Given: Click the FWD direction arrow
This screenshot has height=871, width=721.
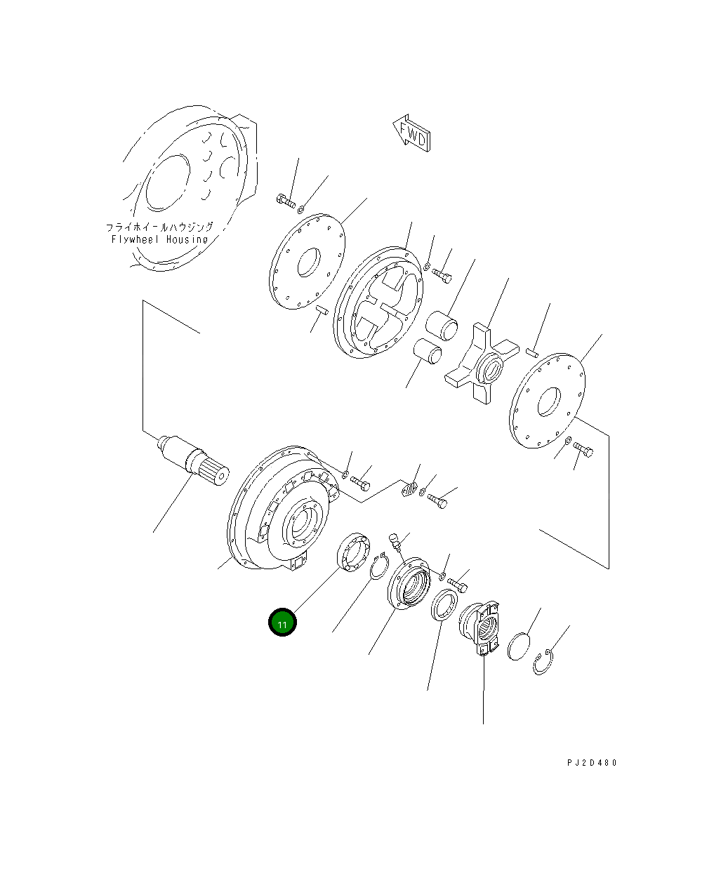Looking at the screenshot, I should [411, 133].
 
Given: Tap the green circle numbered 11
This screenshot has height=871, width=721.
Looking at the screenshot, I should [282, 623].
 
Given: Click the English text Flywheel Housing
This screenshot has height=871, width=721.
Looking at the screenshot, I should [160, 239].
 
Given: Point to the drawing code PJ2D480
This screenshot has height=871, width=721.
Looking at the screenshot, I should [592, 763].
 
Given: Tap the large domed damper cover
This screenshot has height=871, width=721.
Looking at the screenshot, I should [281, 509].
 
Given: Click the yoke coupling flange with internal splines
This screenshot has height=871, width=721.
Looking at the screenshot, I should [481, 627].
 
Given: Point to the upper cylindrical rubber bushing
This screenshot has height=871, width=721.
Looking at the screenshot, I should [442, 325].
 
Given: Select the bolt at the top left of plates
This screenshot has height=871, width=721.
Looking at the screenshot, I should [286, 201].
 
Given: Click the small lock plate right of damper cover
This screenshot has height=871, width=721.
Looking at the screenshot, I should [411, 489].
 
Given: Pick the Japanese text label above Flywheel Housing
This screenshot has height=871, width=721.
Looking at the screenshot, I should [159, 227].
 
